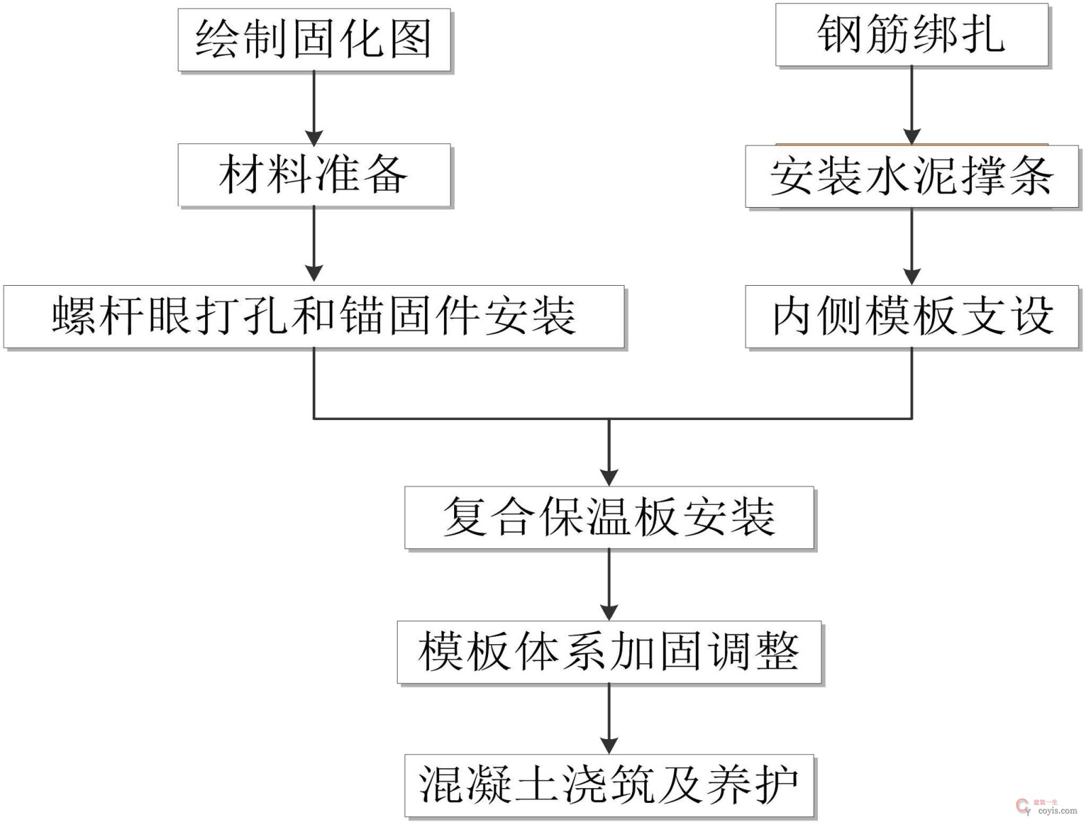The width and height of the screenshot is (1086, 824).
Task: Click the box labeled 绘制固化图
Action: (314, 39)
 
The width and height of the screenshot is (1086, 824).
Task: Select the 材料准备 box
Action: (314, 174)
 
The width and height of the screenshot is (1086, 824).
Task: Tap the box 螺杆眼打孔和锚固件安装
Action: (314, 316)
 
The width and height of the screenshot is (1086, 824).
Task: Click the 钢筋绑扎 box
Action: (912, 35)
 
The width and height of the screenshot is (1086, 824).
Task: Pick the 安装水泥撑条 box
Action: (912, 176)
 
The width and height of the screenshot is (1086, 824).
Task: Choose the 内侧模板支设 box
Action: (912, 316)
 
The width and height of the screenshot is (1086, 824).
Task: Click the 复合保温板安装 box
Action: (609, 517)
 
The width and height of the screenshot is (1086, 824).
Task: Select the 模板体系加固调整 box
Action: (609, 652)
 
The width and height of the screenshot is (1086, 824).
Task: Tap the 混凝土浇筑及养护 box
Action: (609, 785)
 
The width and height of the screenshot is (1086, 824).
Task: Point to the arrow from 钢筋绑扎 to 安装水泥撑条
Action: (912, 105)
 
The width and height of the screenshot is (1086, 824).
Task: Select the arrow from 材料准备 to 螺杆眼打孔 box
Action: (314, 244)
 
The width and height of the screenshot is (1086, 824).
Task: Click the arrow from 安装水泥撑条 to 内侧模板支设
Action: (912, 246)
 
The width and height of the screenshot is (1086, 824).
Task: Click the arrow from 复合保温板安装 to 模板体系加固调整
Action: (609, 584)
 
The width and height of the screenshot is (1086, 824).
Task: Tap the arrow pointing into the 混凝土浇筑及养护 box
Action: (609, 719)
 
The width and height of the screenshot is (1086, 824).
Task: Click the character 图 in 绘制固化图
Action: (411, 39)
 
